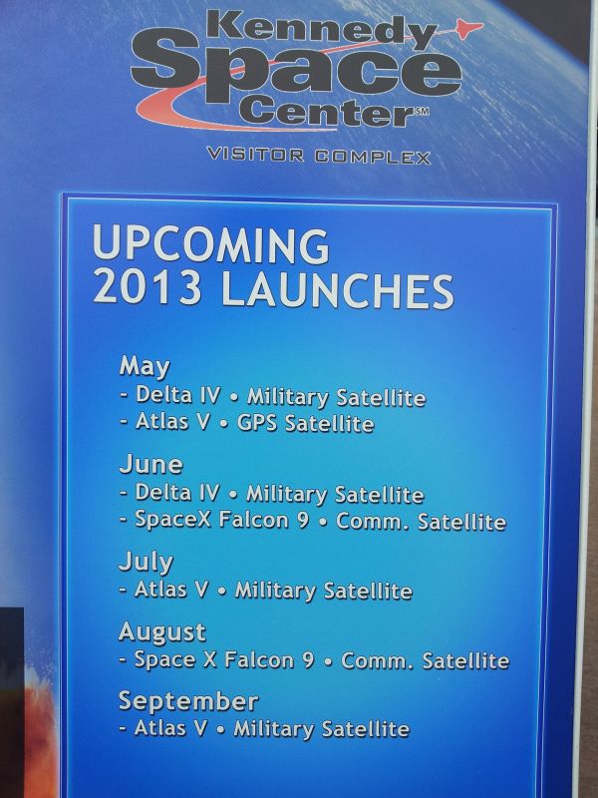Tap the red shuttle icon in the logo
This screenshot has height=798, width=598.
pos(467,28)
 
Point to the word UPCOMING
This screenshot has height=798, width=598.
pos(211,244)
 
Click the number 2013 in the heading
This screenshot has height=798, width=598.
pos(148,287)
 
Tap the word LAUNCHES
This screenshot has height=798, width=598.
pos(337,290)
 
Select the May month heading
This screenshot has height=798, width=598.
pos(145,366)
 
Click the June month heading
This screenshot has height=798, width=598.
pos(150,464)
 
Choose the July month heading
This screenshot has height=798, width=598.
pos(146,563)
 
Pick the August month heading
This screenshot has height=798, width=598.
pos(162,632)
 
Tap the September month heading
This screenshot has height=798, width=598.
pos(188,702)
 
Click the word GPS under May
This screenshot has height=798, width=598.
pos(257,423)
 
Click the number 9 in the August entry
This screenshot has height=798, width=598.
pos(308,660)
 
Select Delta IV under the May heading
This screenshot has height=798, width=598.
pos(178,395)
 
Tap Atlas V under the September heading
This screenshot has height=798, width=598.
pos(170,728)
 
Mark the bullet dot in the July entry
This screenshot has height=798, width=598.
pos(221,592)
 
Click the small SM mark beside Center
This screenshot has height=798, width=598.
pos(422,111)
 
